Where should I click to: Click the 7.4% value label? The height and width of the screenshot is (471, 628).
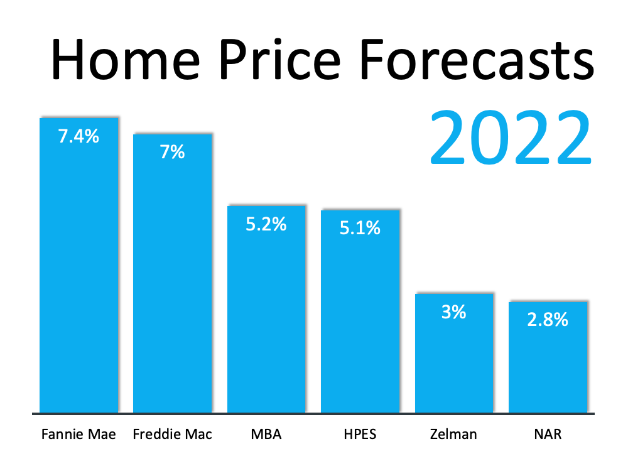[x=78, y=136]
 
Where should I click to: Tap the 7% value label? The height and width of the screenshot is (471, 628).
[x=172, y=151]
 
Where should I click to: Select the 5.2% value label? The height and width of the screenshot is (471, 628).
[x=266, y=224]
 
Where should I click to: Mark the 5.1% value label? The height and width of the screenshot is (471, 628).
[x=360, y=227]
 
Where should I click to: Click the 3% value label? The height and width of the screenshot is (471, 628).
[x=453, y=311]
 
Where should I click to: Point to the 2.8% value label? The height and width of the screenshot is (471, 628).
[x=548, y=320]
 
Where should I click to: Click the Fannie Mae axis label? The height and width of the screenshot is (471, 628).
[x=78, y=435]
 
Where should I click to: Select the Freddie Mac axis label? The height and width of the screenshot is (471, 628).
[x=173, y=435]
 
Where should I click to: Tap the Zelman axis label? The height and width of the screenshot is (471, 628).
[x=453, y=435]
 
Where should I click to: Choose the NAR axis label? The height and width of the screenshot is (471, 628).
[x=548, y=435]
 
